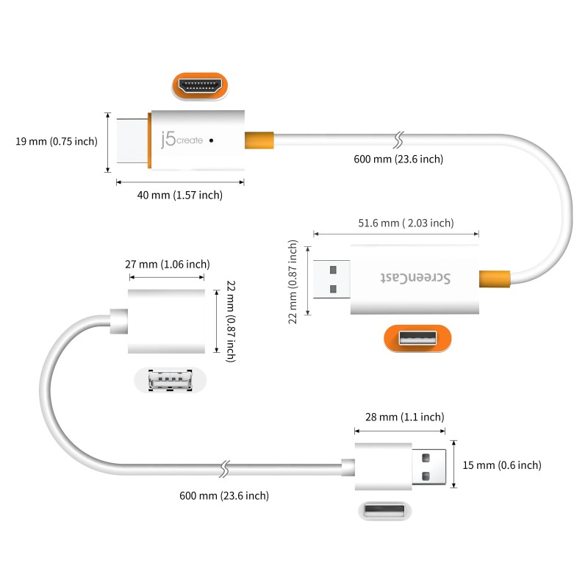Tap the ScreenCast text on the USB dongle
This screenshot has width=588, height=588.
click(417, 278)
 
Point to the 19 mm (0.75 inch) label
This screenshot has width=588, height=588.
click(56, 141)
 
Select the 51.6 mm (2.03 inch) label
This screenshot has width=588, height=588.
click(405, 223)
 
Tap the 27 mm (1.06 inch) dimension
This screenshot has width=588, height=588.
click(167, 264)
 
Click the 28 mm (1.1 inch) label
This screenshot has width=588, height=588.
click(399, 417)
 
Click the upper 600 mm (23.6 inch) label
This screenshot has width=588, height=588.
click(398, 159)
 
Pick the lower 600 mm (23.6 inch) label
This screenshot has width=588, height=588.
click(224, 495)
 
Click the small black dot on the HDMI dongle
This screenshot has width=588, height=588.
click(212, 138)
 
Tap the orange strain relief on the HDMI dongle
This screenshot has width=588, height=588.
click(259, 139)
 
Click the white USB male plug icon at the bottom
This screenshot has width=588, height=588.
click(381, 510)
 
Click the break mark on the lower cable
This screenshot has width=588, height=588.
click(226, 467)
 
